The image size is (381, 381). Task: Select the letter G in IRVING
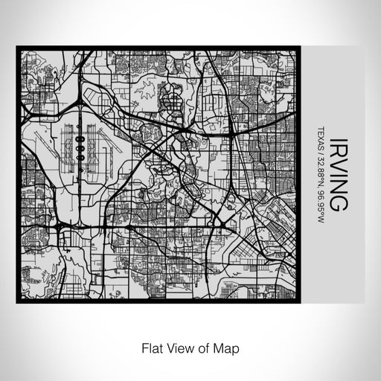tap(337, 202)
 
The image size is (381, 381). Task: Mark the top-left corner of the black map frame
tap(18, 48)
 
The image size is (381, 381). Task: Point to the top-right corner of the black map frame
tap(300, 48)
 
